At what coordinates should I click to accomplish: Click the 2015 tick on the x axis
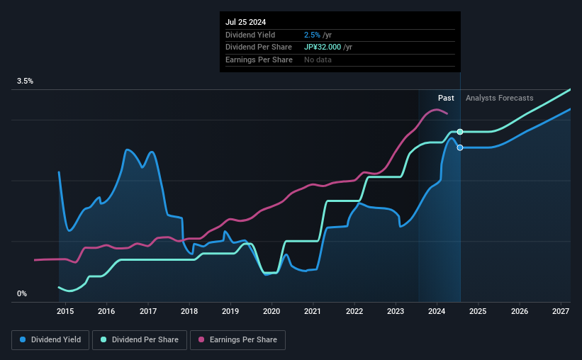point(65,311)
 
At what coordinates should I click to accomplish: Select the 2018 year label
point(189,311)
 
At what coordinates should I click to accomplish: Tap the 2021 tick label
point(313,311)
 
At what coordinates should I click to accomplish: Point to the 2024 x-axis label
point(437,311)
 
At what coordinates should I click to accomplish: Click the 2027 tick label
point(561,311)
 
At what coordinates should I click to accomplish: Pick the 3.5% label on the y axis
point(26,81)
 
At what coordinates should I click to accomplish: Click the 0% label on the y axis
point(22,293)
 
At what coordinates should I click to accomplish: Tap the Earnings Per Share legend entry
point(237,340)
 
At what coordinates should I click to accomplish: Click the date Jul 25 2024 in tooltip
point(246,22)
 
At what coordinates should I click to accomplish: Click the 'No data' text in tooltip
point(318,60)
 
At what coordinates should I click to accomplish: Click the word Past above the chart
point(446,98)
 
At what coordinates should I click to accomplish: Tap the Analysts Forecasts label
point(499,98)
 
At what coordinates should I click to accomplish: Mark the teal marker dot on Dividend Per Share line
point(460,132)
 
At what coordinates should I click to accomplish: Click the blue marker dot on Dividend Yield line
point(460,147)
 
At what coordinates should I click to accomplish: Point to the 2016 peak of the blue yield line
point(127,150)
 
